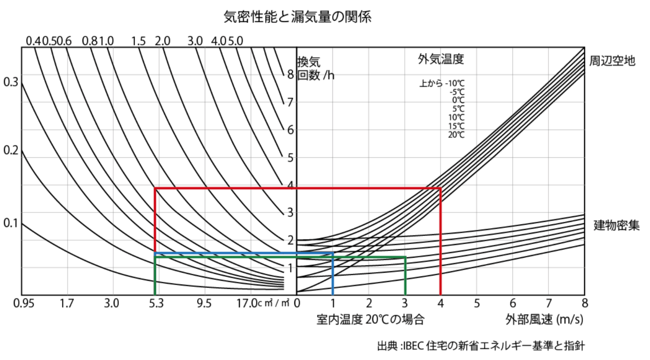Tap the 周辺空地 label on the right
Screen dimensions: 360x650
(612, 61)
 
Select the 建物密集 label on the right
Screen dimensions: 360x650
(616, 225)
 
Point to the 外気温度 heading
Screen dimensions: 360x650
(440, 59)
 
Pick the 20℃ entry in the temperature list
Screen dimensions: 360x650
(456, 135)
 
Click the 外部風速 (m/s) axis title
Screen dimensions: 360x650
(544, 319)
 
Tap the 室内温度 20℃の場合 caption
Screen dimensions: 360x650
(370, 319)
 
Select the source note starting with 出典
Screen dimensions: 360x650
(480, 346)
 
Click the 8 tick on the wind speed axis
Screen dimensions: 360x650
(584, 303)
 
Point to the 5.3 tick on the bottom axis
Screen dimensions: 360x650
(157, 303)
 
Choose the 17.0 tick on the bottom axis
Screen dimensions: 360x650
(247, 303)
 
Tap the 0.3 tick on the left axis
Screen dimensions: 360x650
(11, 82)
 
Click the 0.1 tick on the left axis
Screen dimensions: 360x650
(11, 223)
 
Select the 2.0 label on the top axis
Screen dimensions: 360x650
(163, 41)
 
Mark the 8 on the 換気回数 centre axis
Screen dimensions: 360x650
(290, 74)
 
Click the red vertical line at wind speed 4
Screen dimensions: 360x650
(441, 242)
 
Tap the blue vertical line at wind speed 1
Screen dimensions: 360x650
(333, 275)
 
